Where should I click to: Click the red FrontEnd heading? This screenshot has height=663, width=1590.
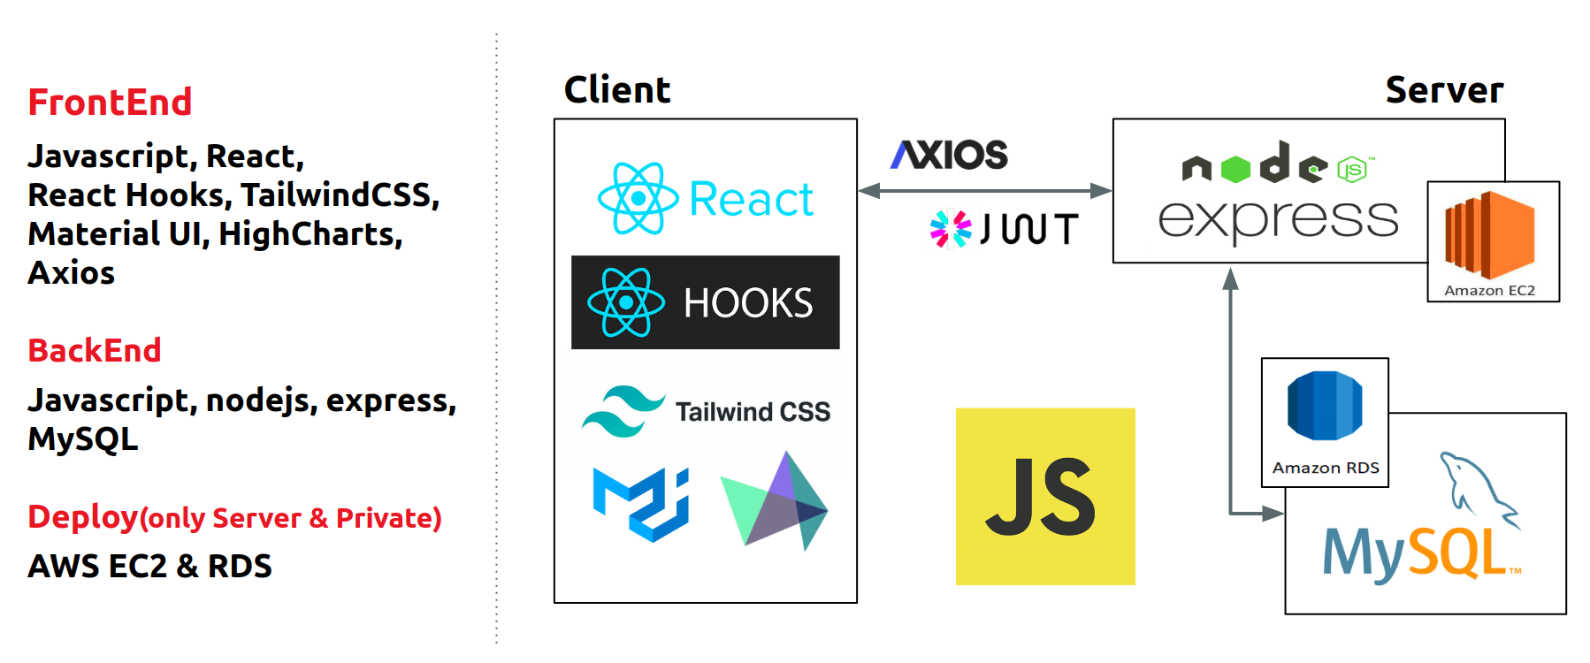(x=110, y=103)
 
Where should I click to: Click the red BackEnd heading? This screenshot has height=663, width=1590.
(x=95, y=350)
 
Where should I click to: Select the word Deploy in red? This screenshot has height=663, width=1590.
(x=83, y=517)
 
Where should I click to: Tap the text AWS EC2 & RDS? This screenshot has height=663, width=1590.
(x=149, y=566)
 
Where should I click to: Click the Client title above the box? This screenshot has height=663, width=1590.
(x=617, y=90)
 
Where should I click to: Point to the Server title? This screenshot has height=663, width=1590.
(x=1444, y=90)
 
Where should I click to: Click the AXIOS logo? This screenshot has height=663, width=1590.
(x=949, y=155)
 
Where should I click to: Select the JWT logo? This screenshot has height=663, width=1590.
(x=1004, y=229)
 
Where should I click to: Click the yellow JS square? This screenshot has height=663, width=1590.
(x=1045, y=496)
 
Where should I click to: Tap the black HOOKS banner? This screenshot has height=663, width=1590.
(x=706, y=302)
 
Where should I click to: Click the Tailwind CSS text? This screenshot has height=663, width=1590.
(x=753, y=412)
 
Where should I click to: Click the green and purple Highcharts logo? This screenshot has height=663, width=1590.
(x=775, y=501)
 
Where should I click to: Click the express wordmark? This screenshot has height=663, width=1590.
(x=1278, y=219)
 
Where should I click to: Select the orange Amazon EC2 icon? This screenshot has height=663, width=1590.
(x=1490, y=235)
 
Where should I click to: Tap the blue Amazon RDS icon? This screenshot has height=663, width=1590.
(x=1325, y=406)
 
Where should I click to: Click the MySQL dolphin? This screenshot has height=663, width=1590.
(x=1479, y=491)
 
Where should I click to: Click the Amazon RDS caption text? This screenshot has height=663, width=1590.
(x=1326, y=468)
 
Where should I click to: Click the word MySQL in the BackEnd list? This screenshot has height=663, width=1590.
(x=83, y=439)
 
